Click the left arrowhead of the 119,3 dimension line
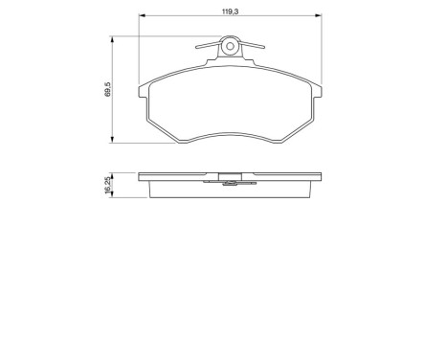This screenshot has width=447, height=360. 144,16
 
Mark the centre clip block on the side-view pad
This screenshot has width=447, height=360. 230,175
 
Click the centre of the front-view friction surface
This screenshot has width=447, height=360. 230,96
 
